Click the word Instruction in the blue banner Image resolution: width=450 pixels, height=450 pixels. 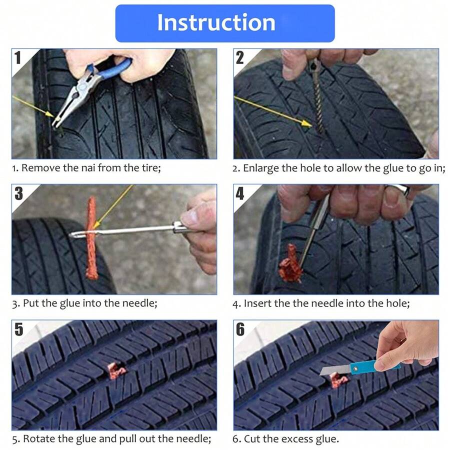pos(216,23)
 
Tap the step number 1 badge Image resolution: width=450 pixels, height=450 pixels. pos(18,57)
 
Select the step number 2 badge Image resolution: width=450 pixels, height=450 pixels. pos(240,57)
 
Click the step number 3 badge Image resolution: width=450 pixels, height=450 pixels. pos(18,193)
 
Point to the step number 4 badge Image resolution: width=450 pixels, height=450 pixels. pos(240,193)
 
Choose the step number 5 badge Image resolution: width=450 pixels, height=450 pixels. pos(18,329)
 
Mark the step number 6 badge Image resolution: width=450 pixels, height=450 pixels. pos(240,329)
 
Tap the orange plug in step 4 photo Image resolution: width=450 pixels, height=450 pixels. pos(290,264)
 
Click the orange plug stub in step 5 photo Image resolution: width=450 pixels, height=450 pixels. pos(116,370)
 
